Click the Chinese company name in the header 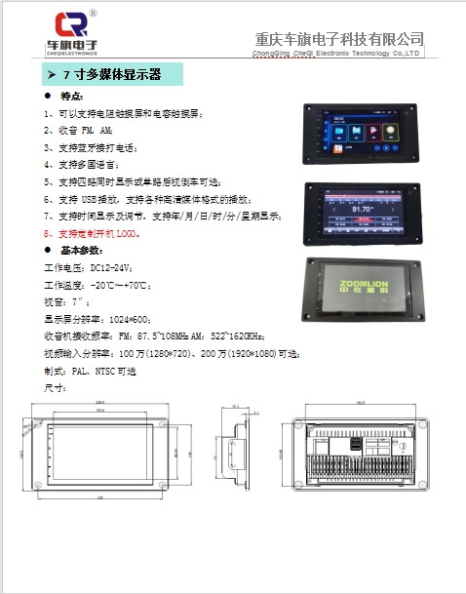coord(338,39)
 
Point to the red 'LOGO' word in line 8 coord(130,234)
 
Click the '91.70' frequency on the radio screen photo coord(364,208)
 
